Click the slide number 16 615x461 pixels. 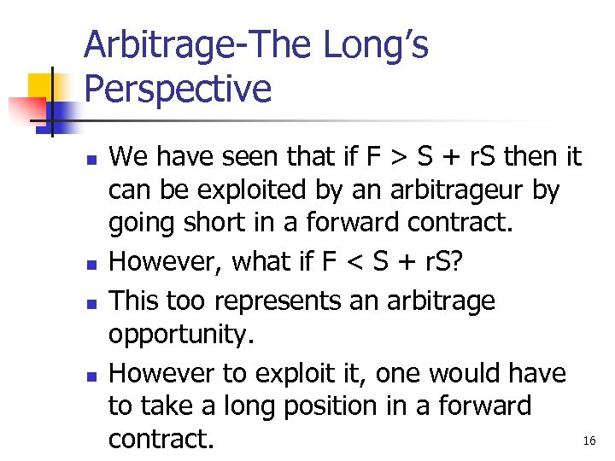589,441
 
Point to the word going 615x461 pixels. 138,223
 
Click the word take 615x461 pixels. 168,406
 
